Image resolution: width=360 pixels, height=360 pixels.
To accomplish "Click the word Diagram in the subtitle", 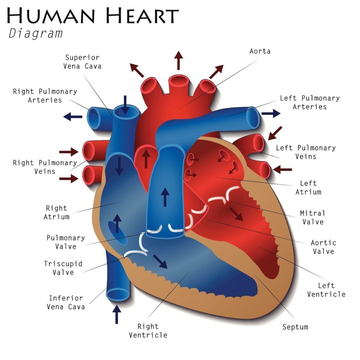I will click(36, 34).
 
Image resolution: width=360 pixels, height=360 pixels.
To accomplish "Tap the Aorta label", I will click(260, 51).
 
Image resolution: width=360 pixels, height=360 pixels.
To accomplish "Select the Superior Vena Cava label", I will click(82, 62).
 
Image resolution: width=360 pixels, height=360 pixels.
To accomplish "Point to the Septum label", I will click(295, 327).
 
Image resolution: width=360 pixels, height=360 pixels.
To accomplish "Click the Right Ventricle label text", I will click(148, 331).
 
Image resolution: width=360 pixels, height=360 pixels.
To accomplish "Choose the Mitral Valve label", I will click(312, 217).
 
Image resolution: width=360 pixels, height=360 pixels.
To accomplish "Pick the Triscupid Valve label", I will click(63, 268).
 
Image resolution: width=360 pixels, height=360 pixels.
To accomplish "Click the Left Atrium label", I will click(308, 187).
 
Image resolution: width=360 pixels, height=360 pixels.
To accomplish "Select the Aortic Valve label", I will click(323, 247).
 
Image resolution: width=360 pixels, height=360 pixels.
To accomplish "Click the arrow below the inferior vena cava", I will click(117, 314).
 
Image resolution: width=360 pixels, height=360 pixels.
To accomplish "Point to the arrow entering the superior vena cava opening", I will click(125, 104).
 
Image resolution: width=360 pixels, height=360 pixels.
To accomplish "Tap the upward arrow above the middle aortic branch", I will click(179, 60).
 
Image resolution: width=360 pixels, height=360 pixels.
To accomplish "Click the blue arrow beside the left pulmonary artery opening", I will click(271, 113).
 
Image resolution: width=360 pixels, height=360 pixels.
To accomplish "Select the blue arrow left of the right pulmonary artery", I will click(73, 116).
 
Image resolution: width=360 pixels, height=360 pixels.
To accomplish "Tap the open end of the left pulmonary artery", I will click(253, 117).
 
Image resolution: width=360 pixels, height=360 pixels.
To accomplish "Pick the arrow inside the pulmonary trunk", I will click(165, 197).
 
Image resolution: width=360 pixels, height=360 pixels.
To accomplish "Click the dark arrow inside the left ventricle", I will click(236, 213).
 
